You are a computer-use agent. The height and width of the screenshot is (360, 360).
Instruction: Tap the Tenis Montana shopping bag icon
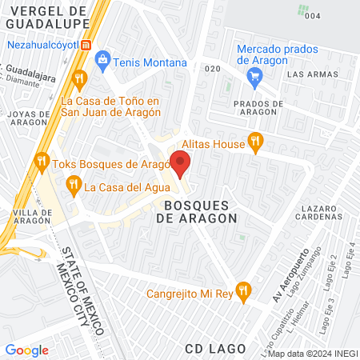[102, 60]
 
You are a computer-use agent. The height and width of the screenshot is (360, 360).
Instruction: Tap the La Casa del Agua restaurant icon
[74, 187]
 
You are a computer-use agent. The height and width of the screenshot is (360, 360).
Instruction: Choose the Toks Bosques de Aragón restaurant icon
[42, 164]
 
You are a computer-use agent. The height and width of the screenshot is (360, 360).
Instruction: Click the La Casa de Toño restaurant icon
[78, 78]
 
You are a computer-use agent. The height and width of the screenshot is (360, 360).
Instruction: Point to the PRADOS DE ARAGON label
[258, 109]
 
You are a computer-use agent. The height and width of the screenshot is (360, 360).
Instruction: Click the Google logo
[27, 350]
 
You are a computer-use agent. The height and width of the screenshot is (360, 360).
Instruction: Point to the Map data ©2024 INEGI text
[311, 354]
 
